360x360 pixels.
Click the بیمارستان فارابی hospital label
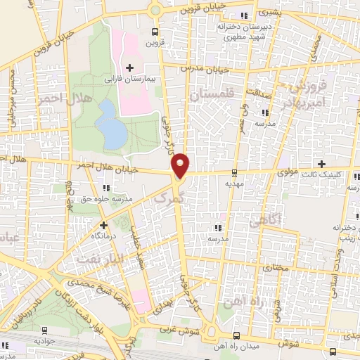click(130, 79)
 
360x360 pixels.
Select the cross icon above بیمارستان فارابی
click(129, 68)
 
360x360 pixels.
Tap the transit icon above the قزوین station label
click(155, 32)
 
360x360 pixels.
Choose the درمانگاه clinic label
click(104, 237)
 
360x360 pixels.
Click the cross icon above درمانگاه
click(104, 226)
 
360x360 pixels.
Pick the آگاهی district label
click(264, 222)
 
